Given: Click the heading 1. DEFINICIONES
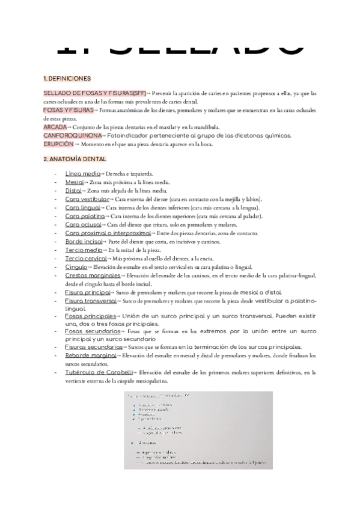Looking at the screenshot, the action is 67,78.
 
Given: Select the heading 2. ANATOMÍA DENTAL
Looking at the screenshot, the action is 75,159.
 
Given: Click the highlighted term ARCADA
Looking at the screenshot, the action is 54,127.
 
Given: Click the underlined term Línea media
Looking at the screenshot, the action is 82,173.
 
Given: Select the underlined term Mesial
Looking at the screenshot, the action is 75,182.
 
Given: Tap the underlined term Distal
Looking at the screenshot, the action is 73,190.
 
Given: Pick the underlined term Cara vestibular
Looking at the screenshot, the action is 87,198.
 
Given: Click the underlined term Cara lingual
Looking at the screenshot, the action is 84,207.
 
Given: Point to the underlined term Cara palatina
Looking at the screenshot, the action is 85,215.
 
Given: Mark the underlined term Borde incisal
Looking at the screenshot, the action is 84,241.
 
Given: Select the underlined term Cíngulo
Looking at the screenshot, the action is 76,267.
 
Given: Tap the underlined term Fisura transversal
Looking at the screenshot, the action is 90,300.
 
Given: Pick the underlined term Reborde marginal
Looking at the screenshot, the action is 90,356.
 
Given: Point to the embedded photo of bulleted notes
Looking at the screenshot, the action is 198,431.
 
